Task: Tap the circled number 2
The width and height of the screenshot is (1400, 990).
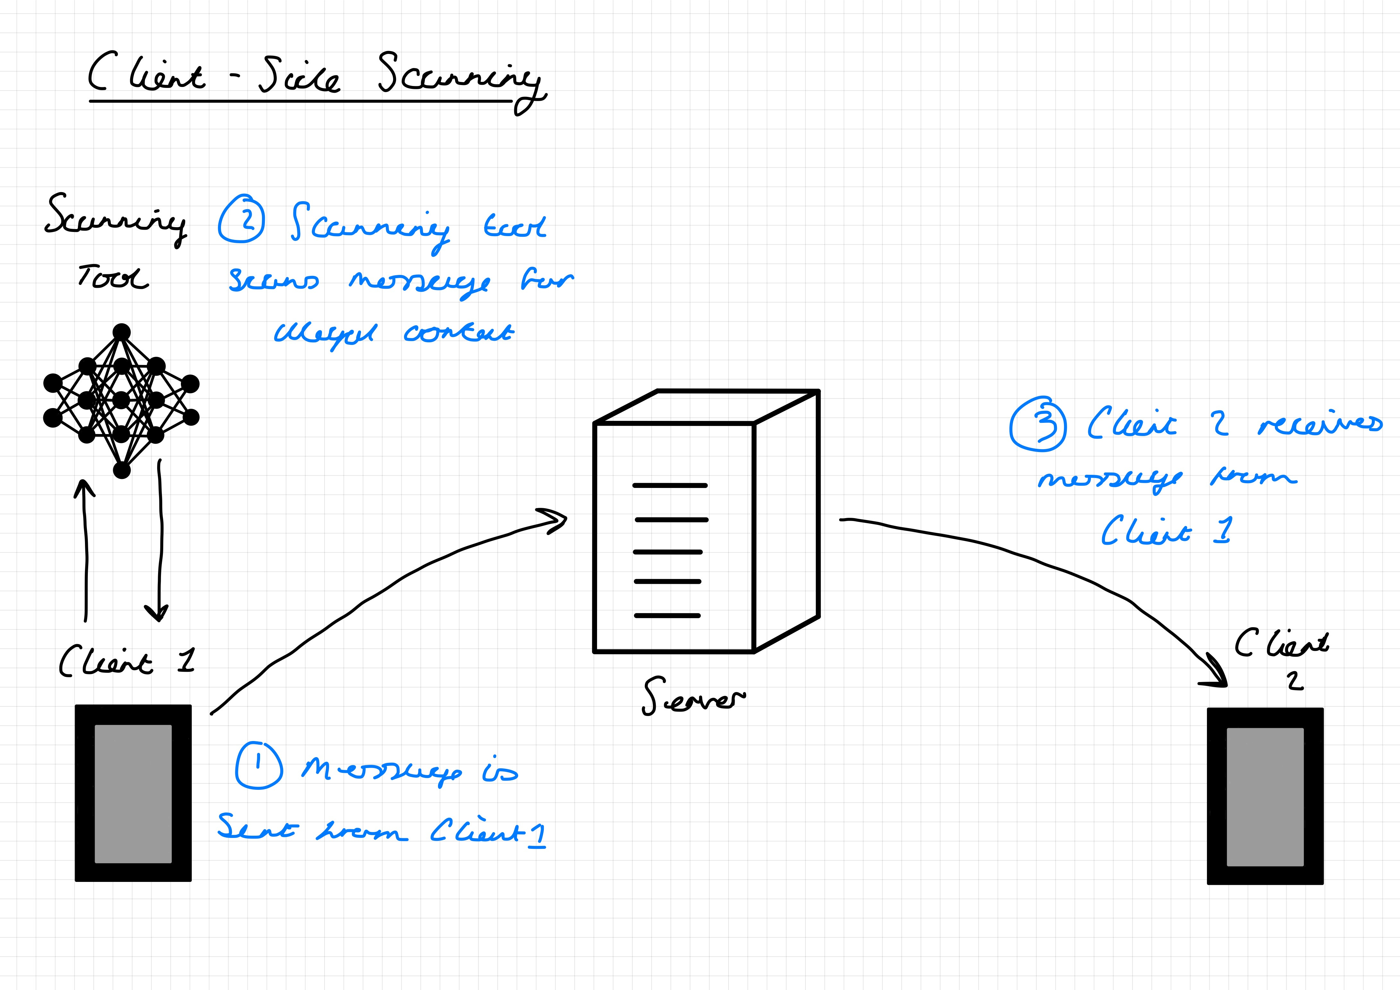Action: (241, 219)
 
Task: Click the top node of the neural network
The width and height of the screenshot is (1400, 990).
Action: (122, 332)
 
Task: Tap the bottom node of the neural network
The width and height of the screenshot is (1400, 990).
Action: (122, 470)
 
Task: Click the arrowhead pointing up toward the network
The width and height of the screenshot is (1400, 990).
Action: (84, 488)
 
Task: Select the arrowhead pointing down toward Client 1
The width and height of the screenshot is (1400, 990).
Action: (158, 613)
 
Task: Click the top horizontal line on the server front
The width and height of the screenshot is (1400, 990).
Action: (670, 486)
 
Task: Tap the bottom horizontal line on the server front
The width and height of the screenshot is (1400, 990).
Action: (667, 616)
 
